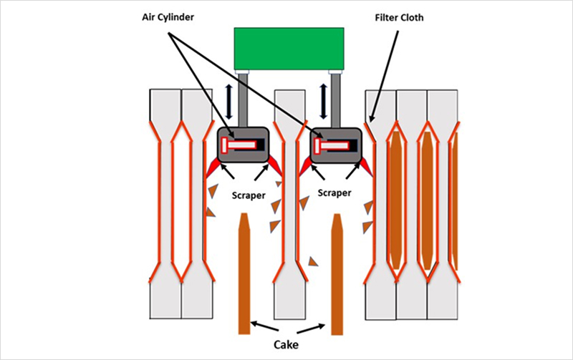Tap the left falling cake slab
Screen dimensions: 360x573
pos(244,279)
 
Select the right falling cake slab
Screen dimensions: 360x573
pos(337,279)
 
